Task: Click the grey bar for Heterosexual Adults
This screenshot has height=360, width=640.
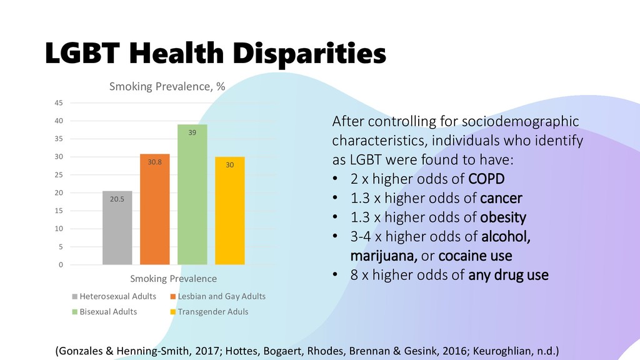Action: [117, 227]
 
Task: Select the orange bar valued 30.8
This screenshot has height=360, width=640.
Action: [155, 209]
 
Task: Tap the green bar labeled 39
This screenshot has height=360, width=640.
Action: [192, 194]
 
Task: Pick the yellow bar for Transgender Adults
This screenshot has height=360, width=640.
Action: [229, 211]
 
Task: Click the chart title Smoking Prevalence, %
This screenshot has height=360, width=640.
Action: [167, 87]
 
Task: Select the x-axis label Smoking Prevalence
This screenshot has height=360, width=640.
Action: [173, 279]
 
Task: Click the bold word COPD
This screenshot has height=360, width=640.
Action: [487, 180]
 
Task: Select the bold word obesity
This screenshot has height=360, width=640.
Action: [504, 218]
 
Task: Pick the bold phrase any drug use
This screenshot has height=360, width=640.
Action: [508, 274]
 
